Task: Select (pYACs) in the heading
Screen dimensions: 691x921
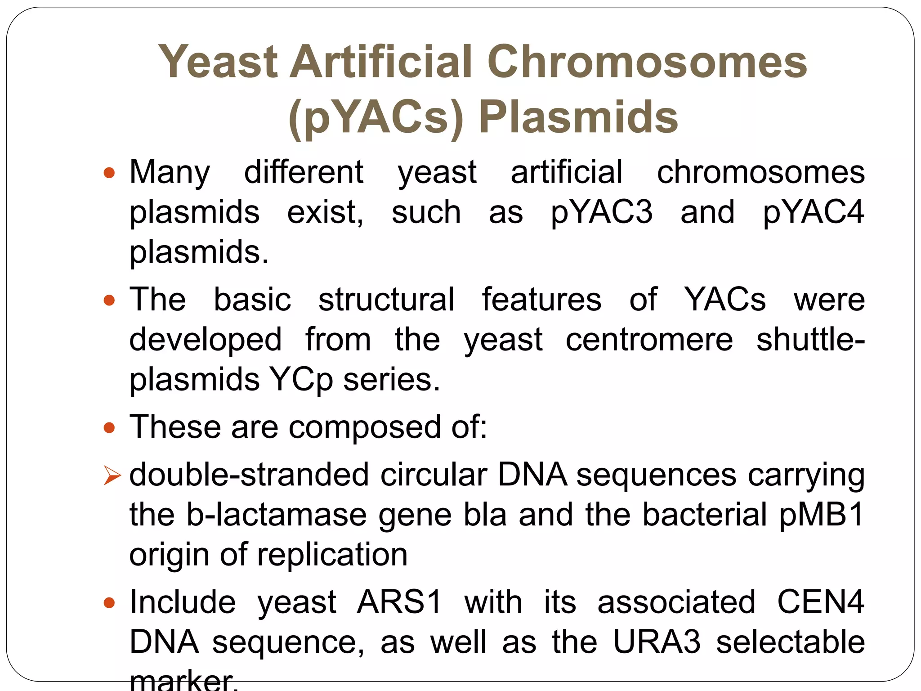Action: coord(376,117)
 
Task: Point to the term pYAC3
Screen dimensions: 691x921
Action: coord(601,212)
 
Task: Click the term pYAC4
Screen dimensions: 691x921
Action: coord(813,212)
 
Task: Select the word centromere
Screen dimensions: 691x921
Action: coord(649,340)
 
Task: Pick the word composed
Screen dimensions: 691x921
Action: coord(365,427)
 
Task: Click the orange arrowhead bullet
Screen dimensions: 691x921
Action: coord(112,476)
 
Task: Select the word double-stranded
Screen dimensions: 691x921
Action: coord(249,475)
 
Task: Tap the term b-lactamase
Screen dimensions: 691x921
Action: coord(277,515)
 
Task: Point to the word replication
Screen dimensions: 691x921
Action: coord(332,555)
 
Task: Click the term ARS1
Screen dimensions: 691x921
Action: coord(399,602)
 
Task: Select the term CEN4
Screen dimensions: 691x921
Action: coord(820,602)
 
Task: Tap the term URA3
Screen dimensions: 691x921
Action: coord(657,642)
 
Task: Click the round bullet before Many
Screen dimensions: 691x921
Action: coord(109,173)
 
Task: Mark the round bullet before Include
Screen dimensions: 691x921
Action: coord(109,603)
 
